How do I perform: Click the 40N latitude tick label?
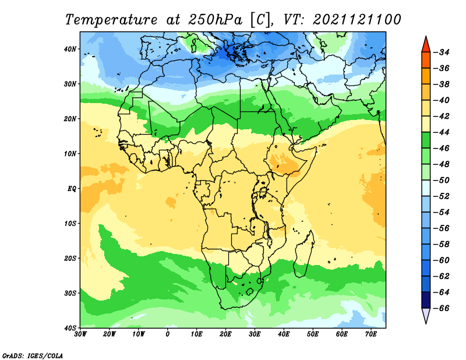coord(70,49)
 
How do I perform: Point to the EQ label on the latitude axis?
coord(72,189)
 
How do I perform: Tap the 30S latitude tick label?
coord(70,294)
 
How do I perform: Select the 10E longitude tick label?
coord(196,334)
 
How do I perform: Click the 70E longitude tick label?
coord(371,334)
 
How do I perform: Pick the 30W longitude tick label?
coord(80,334)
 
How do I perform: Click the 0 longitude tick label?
coord(168,334)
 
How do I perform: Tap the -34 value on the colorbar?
coord(442,52)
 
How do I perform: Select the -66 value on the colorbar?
coord(442,308)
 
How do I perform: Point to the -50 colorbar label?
coord(442,181)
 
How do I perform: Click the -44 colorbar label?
coord(442,132)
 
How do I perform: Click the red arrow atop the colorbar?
coord(426,45)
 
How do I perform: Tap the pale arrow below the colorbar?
coord(426,315)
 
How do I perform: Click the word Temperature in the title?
coord(111,20)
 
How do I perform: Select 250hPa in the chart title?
coord(215,20)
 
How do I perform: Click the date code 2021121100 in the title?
coord(356,20)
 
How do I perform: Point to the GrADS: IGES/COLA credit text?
coord(33,356)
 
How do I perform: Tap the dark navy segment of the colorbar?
coord(426,300)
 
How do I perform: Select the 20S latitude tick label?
coord(70,258)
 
